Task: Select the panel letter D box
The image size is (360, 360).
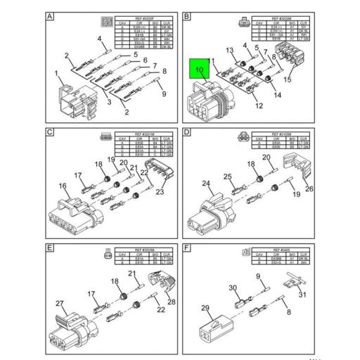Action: [187, 132]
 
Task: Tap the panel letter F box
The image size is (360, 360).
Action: [187, 247]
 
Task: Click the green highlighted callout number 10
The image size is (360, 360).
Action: [199, 70]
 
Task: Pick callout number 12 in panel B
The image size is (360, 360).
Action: [259, 106]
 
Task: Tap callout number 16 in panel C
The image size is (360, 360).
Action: [63, 186]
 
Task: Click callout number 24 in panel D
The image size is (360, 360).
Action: [206, 184]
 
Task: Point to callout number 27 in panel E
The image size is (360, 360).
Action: [60, 304]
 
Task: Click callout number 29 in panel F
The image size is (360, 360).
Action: [205, 308]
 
